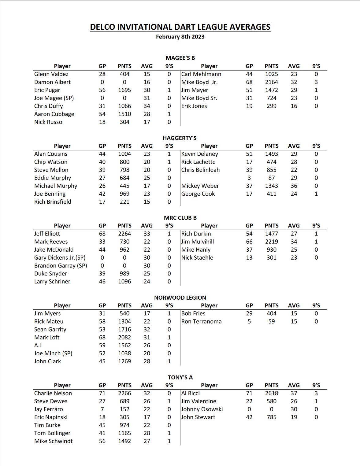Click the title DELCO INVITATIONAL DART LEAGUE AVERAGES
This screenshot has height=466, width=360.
(180, 27)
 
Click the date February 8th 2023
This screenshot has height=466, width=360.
(180, 37)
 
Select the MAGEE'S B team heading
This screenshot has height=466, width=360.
(180, 58)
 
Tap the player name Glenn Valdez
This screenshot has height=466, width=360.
(51, 74)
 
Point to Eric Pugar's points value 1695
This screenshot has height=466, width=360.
(124, 90)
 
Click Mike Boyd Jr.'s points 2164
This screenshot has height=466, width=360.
(272, 82)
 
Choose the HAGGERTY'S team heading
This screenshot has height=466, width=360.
(180, 138)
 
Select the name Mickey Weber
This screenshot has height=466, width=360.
(200, 186)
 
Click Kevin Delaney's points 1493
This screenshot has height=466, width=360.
(272, 154)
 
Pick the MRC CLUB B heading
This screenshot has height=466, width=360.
(180, 218)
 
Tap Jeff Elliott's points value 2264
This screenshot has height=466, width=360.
(124, 234)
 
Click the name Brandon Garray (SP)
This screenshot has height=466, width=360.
(61, 265)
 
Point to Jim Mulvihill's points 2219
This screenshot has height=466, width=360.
(272, 242)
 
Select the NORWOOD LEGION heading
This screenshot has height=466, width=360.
(180, 298)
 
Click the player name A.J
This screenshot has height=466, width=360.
(38, 345)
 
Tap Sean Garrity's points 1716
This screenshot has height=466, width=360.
(124, 329)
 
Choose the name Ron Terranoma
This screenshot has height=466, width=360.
(201, 321)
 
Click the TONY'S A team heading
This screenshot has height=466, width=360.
(180, 377)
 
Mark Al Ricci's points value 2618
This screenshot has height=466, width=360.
(272, 393)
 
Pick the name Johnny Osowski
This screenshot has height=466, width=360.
(202, 409)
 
